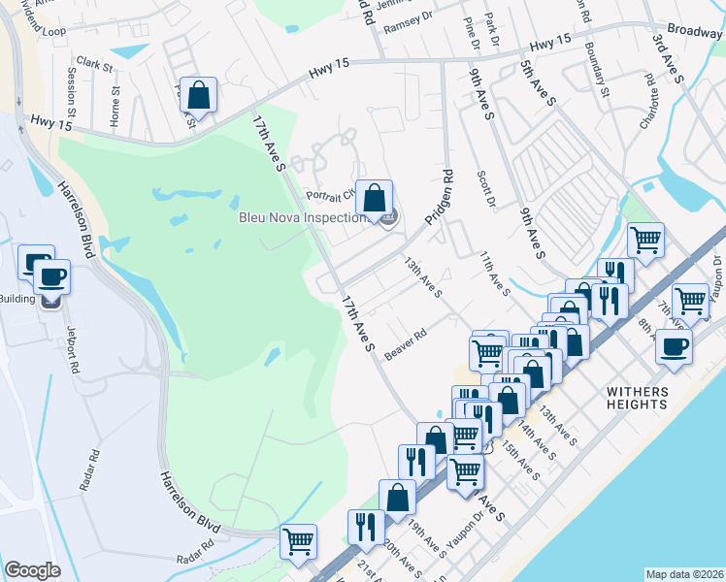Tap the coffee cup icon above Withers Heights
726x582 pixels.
[x=674, y=346]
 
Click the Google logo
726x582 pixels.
[x=33, y=570]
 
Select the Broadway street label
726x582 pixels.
[x=695, y=31]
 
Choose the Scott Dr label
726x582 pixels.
[x=486, y=190]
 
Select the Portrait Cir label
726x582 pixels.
[x=329, y=194]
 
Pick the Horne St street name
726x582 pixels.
[x=115, y=107]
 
